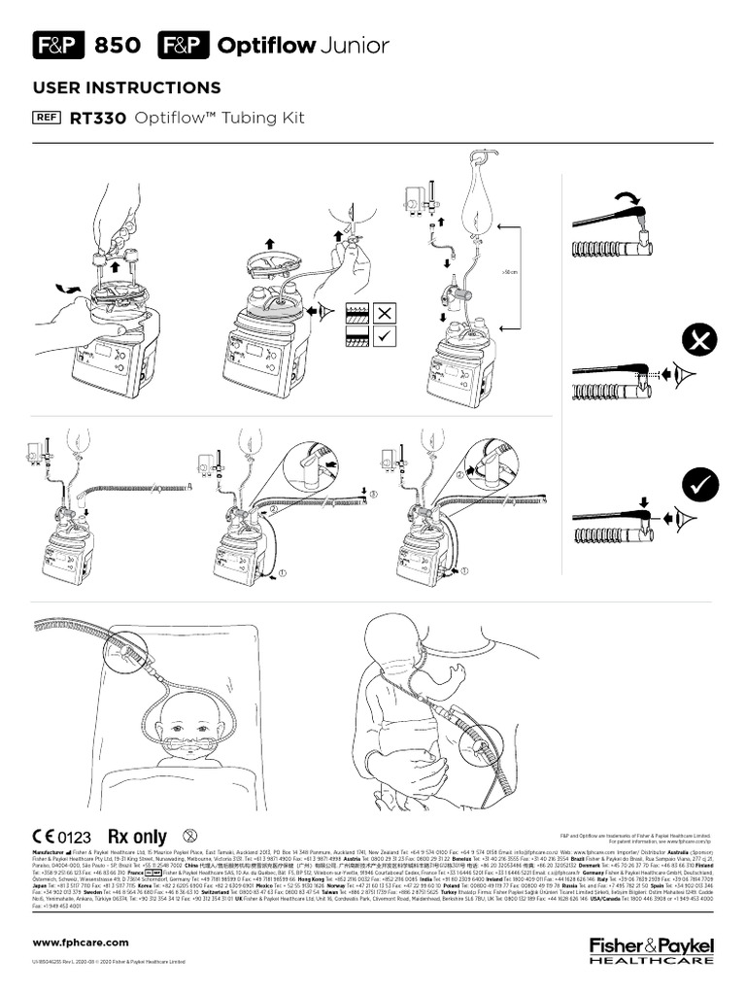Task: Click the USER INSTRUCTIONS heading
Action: [126, 88]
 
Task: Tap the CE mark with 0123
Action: [61, 836]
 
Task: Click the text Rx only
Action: [137, 836]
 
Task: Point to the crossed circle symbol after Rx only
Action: [190, 835]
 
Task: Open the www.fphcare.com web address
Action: [81, 943]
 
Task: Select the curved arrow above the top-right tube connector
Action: [621, 197]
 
